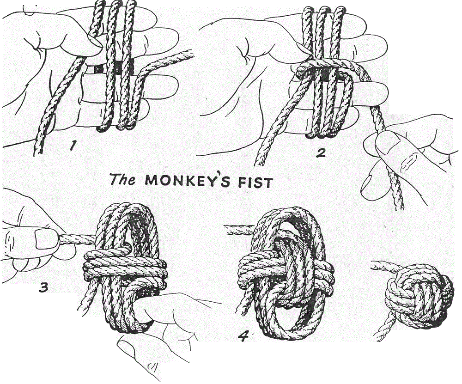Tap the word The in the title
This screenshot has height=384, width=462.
click(122, 179)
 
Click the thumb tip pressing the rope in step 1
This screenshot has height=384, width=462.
click(95, 44)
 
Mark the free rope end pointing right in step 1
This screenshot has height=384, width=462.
click(185, 55)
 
